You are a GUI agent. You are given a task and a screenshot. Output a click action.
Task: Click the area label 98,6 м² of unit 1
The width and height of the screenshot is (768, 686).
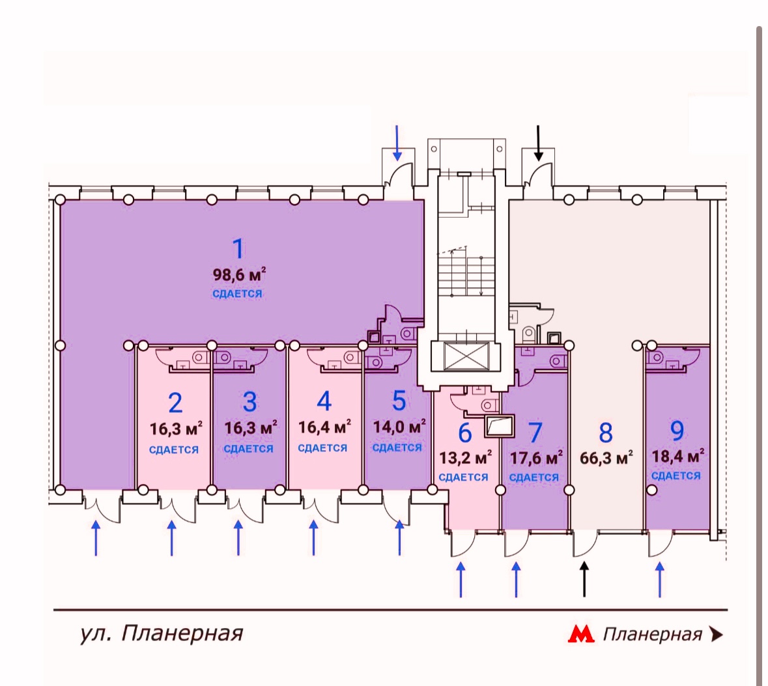pos(239,274)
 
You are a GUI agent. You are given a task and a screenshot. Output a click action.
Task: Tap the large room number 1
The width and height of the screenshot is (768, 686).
pos(238,249)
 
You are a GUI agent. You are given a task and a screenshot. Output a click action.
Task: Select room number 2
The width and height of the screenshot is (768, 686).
pos(175,403)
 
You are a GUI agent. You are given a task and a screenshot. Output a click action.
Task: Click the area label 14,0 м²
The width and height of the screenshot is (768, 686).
pos(399,427)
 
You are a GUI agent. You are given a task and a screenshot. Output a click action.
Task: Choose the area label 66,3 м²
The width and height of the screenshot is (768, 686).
pos(606,457)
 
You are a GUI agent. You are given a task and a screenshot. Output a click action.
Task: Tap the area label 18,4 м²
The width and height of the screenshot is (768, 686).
pos(677,455)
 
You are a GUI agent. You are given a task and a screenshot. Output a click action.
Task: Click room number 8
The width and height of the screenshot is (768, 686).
pos(606,432)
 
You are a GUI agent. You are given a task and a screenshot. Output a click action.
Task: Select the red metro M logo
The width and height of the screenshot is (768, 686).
pos(581,634)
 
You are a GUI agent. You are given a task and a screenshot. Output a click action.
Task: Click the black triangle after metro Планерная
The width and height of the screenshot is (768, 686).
pos(717,634)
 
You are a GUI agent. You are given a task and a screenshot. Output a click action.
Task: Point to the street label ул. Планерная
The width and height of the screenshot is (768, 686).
pos(161,633)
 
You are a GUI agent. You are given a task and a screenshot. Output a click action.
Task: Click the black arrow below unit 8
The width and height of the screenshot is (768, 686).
pos(584,579)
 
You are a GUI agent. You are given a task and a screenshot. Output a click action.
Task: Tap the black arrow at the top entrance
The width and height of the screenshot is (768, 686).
pos(538,143)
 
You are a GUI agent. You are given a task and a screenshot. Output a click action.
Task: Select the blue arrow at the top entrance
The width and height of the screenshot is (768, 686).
pos(397,143)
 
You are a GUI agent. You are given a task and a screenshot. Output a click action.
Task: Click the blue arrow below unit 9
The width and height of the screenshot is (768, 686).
pos(660,579)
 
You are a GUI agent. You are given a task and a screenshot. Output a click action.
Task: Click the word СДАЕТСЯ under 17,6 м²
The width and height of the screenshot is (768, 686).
pos(533,478)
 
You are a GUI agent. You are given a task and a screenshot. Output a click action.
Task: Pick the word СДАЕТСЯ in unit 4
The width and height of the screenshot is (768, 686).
pos(322,448)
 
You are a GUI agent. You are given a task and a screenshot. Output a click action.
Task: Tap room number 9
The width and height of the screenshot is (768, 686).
pos(677,431)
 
